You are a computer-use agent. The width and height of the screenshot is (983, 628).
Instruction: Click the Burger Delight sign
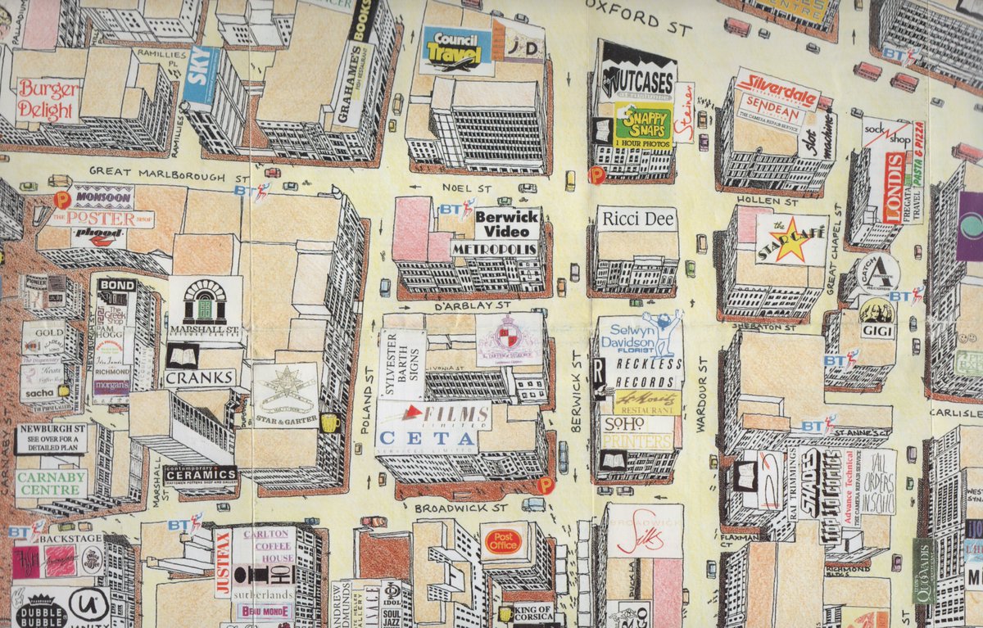(47, 99)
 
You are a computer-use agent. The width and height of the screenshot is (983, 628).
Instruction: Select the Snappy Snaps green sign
(643, 124)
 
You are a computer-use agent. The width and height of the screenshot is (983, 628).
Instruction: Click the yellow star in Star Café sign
(790, 239)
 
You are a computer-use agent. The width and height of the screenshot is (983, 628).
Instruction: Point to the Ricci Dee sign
(635, 219)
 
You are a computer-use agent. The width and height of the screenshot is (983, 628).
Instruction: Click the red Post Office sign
(503, 541)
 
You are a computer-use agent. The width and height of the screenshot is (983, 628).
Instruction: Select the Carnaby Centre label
(51, 482)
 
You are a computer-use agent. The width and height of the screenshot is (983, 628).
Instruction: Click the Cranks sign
(201, 378)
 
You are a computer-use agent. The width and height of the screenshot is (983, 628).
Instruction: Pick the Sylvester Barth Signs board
(401, 364)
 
